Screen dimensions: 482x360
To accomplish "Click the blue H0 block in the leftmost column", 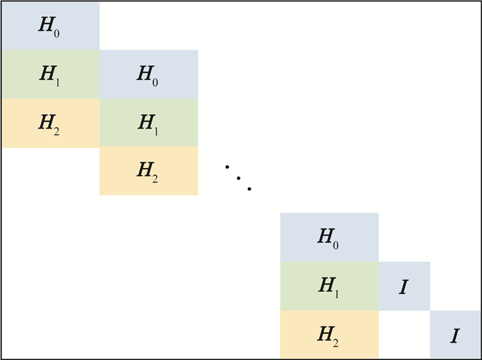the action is (51, 26).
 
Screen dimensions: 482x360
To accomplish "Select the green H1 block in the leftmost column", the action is (51, 74).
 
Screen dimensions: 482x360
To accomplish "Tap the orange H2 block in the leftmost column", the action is (51, 123).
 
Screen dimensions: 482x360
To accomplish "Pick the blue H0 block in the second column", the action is (149, 74).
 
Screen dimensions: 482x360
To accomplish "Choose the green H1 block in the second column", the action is (149, 123).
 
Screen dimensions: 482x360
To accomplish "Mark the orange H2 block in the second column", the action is (149, 171).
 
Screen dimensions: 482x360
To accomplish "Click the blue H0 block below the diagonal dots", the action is (329, 237).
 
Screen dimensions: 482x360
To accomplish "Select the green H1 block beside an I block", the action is (329, 286).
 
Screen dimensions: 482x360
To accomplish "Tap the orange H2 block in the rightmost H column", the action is (329, 335).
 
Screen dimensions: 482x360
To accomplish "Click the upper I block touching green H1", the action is (404, 286).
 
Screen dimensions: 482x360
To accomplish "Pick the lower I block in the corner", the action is (455, 335).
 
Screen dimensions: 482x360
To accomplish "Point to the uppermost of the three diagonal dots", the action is (227, 167).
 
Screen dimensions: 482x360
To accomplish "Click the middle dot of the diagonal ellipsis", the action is (238, 178).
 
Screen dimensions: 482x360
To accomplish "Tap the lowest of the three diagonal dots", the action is (249, 189).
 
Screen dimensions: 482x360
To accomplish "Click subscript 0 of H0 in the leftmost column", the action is (56, 34).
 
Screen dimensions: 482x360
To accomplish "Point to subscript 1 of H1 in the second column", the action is (156, 131).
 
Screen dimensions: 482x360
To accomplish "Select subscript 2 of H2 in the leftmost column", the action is (56, 131).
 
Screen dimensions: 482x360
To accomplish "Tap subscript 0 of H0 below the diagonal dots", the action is (335, 245).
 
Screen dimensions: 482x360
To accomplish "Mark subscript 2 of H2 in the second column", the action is (155, 180).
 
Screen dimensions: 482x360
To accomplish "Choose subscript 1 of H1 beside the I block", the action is (336, 295).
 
